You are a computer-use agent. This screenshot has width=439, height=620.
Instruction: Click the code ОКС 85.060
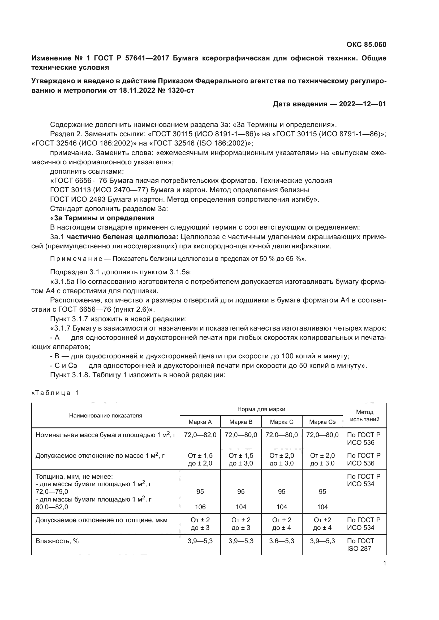click(x=366, y=45)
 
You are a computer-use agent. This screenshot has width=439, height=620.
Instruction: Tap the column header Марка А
click(x=200, y=422)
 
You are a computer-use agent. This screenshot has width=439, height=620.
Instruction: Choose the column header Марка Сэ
click(x=322, y=422)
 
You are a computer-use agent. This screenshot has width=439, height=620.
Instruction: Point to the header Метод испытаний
click(x=364, y=416)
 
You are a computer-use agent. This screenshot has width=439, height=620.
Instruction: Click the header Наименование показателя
click(x=105, y=416)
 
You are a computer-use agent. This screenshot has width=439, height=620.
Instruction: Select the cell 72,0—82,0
click(x=200, y=435)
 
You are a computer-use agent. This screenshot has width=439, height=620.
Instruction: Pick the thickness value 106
click(x=200, y=507)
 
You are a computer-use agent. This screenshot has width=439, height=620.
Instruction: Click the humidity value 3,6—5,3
click(x=281, y=541)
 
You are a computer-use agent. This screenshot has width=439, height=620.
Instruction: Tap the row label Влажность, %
click(x=57, y=541)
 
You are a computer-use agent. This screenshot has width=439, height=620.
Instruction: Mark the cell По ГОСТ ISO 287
click(x=361, y=545)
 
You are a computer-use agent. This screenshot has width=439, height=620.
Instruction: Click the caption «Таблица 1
click(x=55, y=393)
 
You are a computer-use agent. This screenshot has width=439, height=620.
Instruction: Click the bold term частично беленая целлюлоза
click(x=122, y=237)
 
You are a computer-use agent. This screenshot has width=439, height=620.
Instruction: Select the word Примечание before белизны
click(x=76, y=259)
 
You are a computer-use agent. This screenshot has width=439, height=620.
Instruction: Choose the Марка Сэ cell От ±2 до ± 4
click(x=322, y=524)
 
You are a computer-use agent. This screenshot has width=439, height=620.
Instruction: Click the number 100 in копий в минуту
click(x=287, y=356)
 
